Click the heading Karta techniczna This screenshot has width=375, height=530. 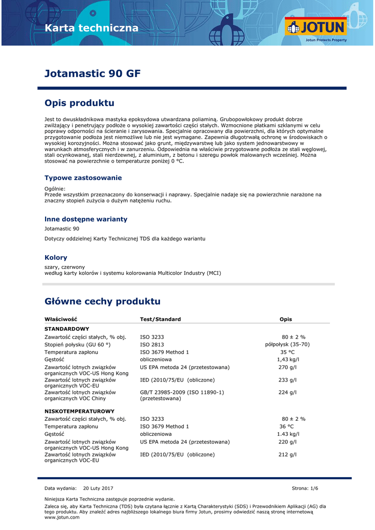pos(92,28)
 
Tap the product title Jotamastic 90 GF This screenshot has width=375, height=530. pos(92,73)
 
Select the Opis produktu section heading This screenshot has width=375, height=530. pos(79,103)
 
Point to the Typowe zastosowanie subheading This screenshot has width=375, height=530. pos(83,178)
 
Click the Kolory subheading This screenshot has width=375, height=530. pos(56,257)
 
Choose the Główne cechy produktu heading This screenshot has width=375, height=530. pos(103,301)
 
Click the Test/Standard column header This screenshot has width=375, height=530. pos(160,319)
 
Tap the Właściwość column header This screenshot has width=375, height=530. pos(61,319)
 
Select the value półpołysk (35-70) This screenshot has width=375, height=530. pos(287,344)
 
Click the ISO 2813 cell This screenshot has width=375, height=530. pos(152,344)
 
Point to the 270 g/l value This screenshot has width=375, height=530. pos(287,367)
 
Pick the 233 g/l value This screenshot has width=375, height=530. pos(287,380)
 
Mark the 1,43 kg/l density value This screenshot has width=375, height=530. pos(287,359)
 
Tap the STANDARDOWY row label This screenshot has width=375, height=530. pos(67,329)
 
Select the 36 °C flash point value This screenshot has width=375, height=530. pos(287,426)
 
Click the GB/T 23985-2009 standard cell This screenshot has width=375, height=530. pos(182,392)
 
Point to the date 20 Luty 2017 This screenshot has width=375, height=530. pos(98,488)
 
